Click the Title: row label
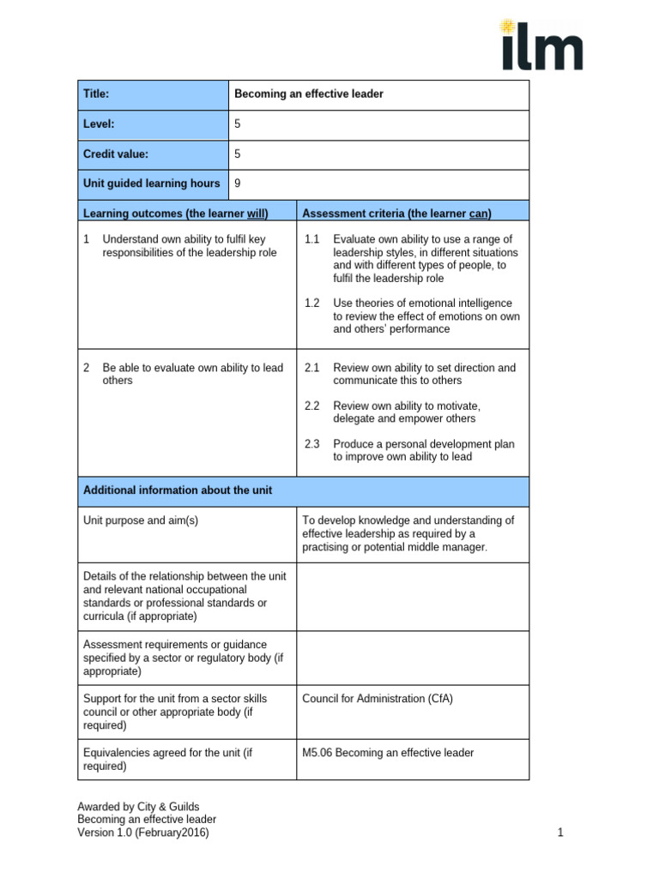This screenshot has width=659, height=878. coord(96,94)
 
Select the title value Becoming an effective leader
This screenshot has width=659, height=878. coord(308,94)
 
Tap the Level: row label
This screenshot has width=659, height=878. coord(99,124)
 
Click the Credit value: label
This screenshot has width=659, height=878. coord(116,154)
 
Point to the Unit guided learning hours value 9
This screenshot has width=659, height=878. coord(238,183)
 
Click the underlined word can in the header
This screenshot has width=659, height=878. coord(479,213)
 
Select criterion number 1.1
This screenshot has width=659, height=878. coord(311,239)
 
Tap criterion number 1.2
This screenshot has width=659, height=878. coord(311,304)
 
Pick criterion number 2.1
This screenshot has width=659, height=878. coord(311,368)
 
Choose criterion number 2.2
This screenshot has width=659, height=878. coord(311,406)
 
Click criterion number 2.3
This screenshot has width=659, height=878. coord(311,444)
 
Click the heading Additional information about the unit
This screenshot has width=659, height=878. coord(178,490)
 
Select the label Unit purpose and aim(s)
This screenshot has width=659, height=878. coord(141,520)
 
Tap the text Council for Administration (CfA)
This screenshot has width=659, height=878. coord(378,699)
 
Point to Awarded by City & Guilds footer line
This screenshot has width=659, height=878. coord(138,807)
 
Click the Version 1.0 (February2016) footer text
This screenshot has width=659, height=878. coord(143,833)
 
